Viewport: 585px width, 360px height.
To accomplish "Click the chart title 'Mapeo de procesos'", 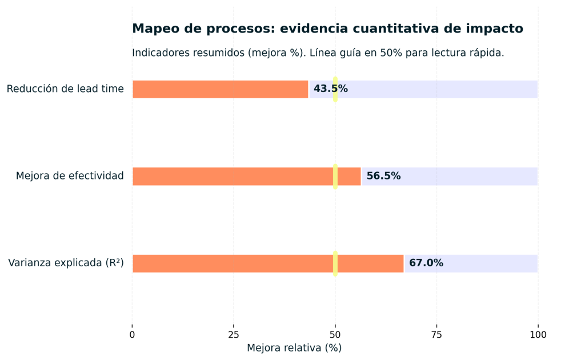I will (327, 29).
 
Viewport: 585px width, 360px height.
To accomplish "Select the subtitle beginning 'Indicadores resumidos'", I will (318, 53).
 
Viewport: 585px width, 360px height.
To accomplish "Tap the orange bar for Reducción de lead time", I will (220, 89).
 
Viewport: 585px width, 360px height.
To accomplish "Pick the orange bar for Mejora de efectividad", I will (231, 177).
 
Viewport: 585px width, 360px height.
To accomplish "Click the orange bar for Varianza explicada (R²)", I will (231, 263).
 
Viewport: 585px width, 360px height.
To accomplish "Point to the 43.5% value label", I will (330, 89).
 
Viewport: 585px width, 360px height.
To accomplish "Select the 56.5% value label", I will (383, 177).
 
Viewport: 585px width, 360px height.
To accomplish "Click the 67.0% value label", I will (426, 263).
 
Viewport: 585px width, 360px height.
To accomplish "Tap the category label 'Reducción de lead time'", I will (65, 89).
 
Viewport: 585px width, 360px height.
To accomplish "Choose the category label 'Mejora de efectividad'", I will (70, 176).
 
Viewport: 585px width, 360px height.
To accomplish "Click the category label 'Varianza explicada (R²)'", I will (66, 263).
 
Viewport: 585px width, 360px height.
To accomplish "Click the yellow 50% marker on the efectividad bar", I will (335, 177).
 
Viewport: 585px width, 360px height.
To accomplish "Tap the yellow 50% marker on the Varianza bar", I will (335, 263).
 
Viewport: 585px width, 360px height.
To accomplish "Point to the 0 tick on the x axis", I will (133, 335).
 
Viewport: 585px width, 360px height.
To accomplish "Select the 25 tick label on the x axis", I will (234, 335).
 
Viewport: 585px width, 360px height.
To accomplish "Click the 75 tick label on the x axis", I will (436, 335).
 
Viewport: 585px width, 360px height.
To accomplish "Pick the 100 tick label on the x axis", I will (538, 335).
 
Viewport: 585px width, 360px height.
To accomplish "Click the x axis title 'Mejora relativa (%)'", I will (294, 348).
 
